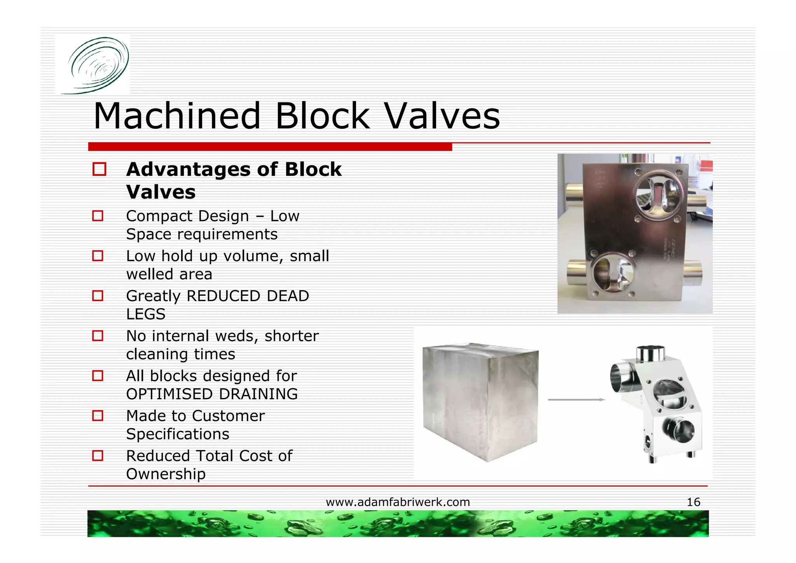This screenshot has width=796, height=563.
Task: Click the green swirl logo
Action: point(94,65)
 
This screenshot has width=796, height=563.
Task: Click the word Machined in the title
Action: point(177,116)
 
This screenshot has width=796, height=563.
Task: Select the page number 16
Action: point(693,502)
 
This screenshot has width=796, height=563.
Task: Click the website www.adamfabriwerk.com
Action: point(398,502)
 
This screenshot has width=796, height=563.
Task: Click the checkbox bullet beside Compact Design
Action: point(98,216)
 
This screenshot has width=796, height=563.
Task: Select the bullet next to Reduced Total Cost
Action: point(98,456)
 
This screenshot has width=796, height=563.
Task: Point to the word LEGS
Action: point(146,314)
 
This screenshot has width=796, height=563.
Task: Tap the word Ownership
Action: point(166,474)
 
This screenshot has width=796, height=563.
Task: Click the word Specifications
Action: point(178,434)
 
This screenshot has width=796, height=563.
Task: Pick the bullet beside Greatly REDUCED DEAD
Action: point(98,296)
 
